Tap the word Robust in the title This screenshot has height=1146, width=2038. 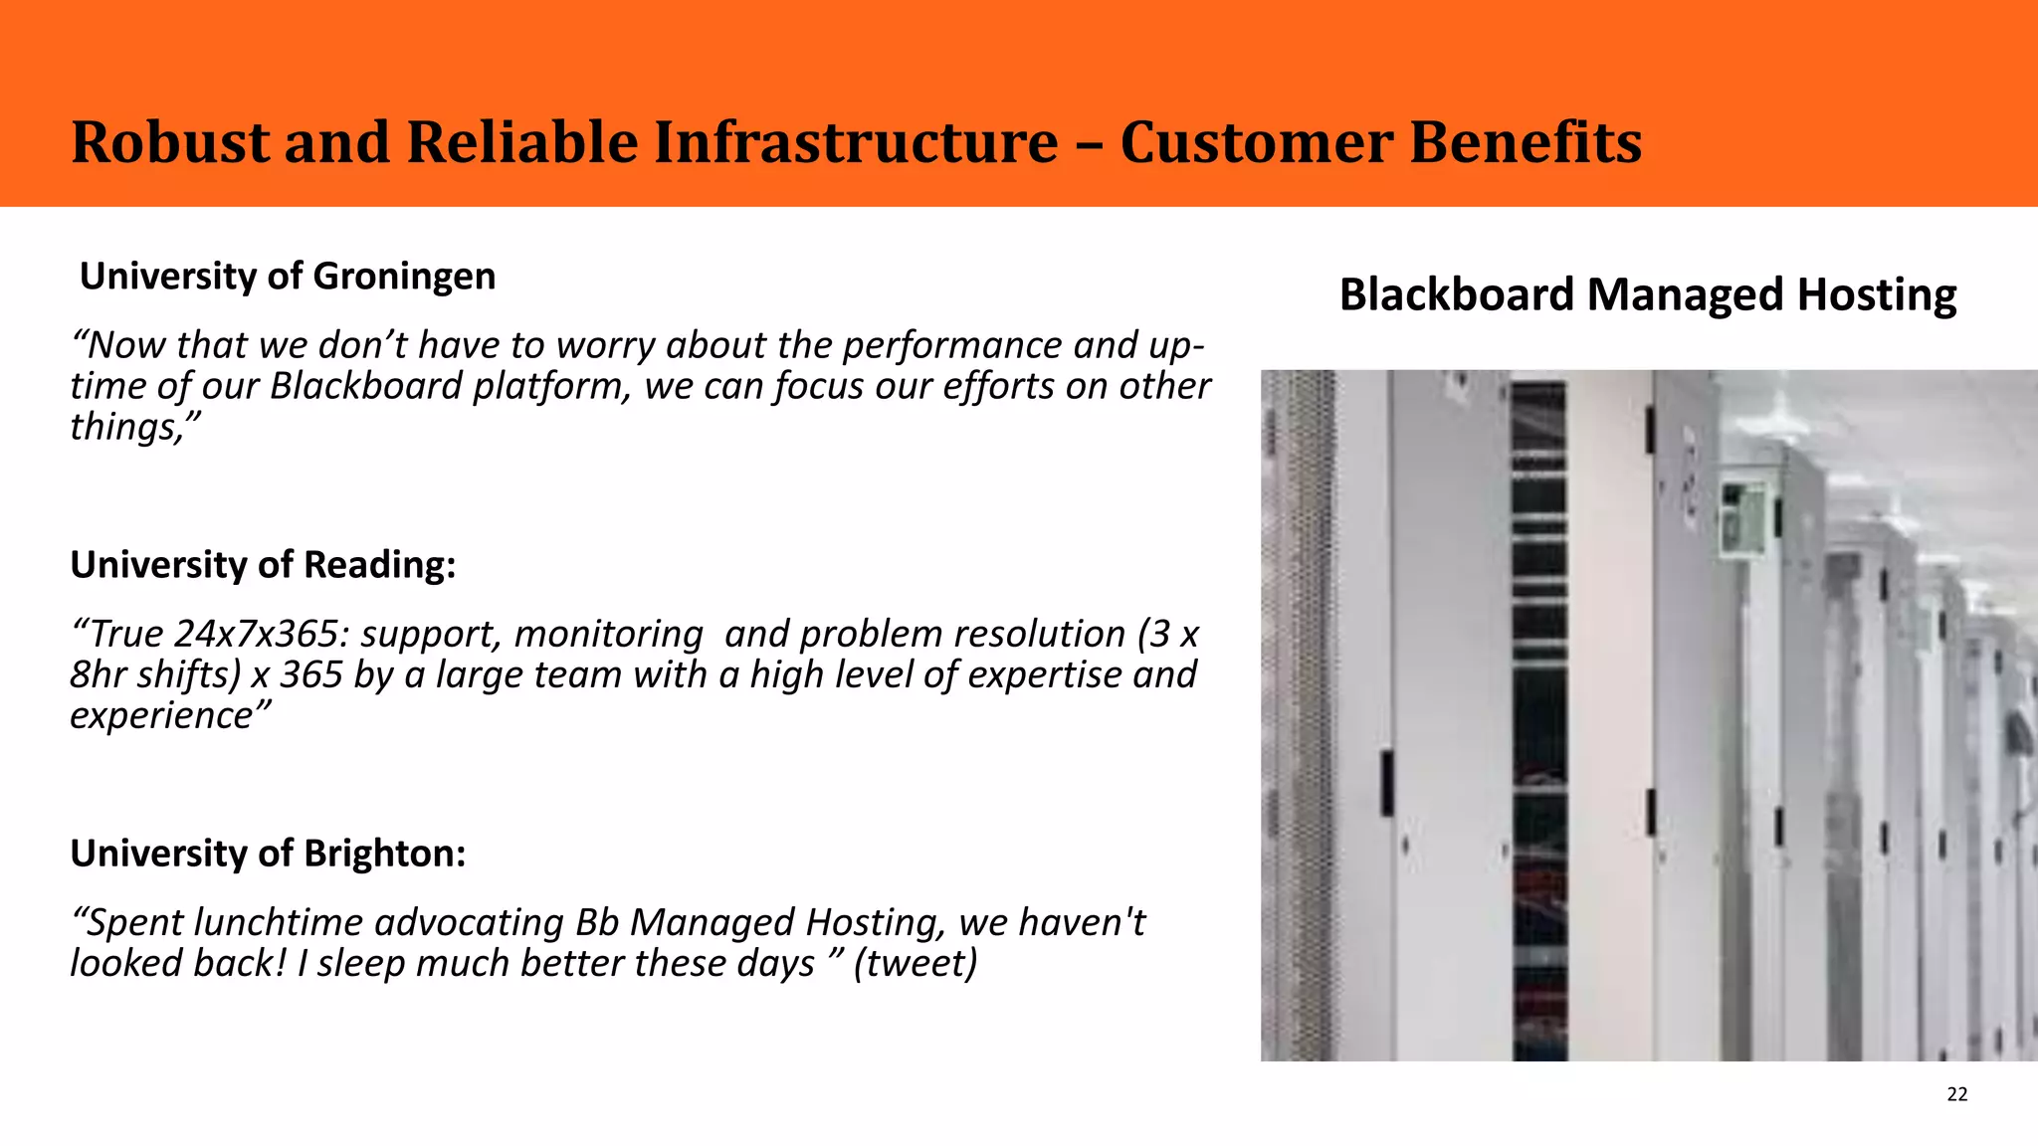click(x=169, y=142)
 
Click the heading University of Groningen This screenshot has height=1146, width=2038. click(x=288, y=277)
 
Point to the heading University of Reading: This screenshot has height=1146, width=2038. click(x=263, y=565)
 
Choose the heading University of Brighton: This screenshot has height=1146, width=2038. click(x=268, y=854)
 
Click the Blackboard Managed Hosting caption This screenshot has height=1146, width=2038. click(x=1647, y=295)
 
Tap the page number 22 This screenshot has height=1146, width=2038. click(x=1956, y=1094)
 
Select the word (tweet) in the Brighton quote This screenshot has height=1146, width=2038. click(x=916, y=963)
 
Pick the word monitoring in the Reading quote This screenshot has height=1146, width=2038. click(x=608, y=634)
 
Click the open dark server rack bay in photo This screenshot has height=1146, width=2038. click(x=1538, y=716)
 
